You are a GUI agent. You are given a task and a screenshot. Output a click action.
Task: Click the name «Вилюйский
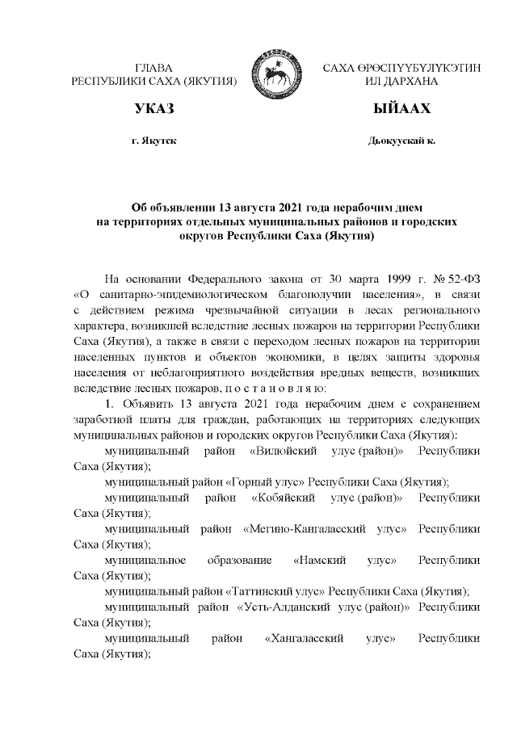click(288, 451)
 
